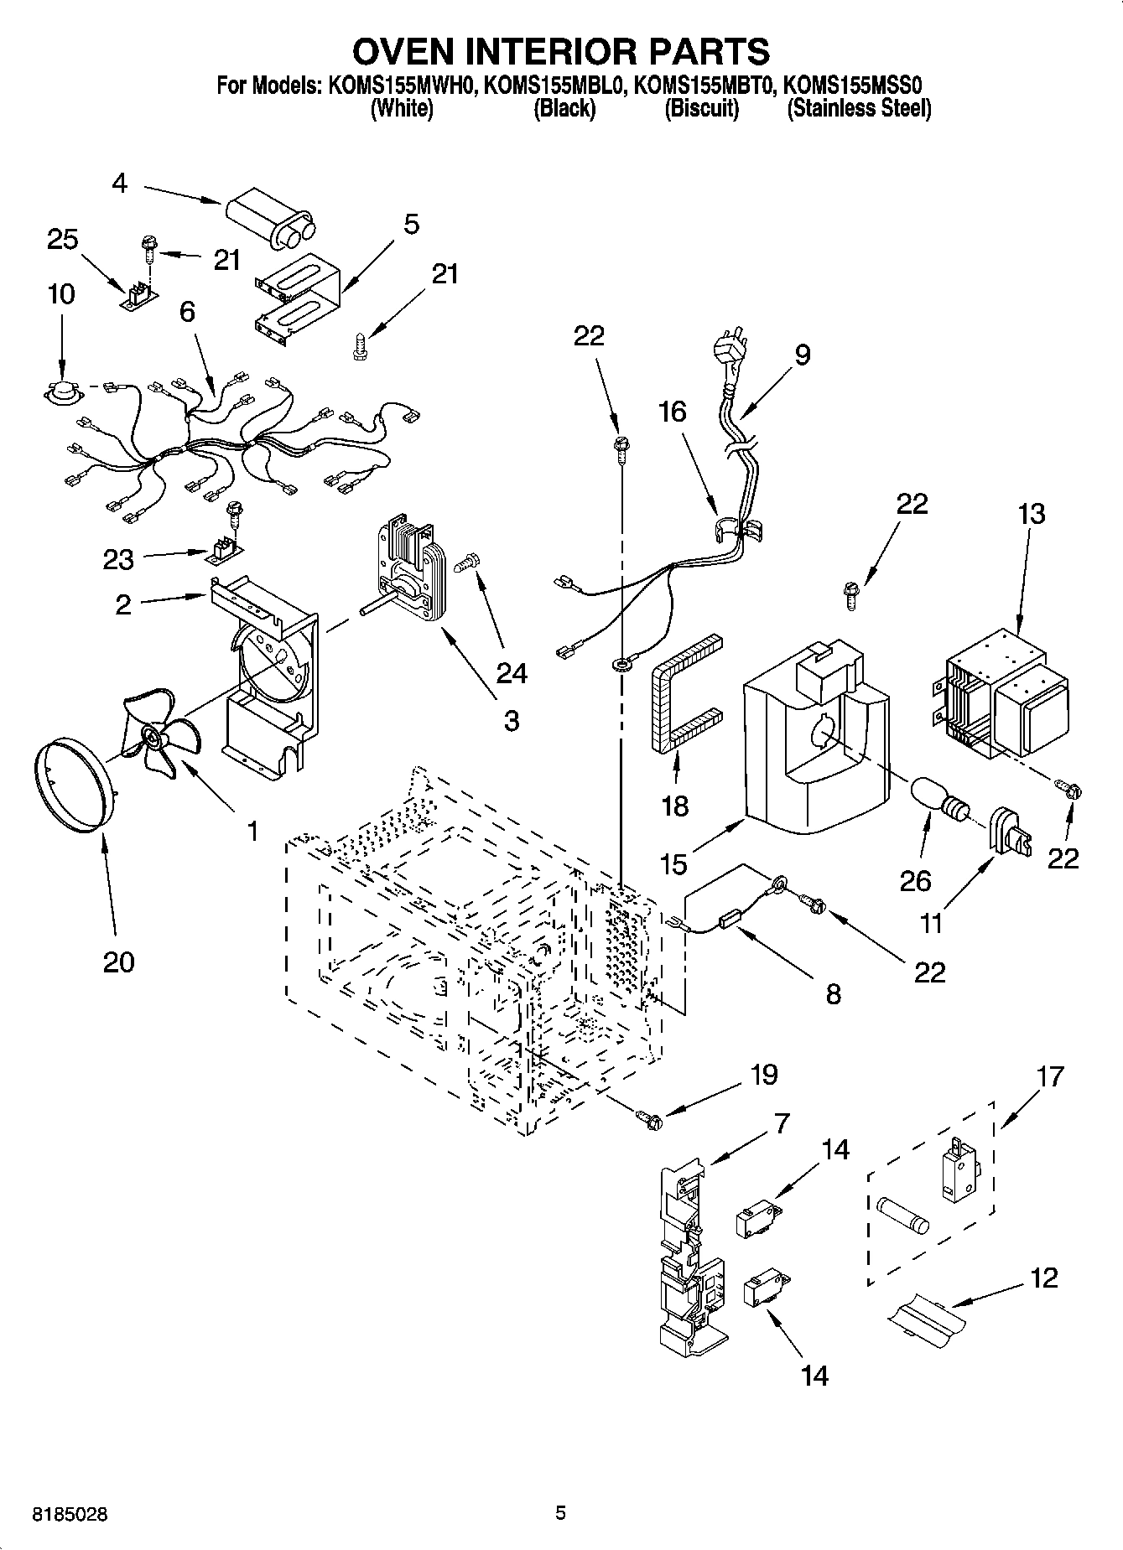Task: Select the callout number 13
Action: [1031, 513]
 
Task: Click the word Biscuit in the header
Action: [701, 109]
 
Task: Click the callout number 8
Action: [832, 994]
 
